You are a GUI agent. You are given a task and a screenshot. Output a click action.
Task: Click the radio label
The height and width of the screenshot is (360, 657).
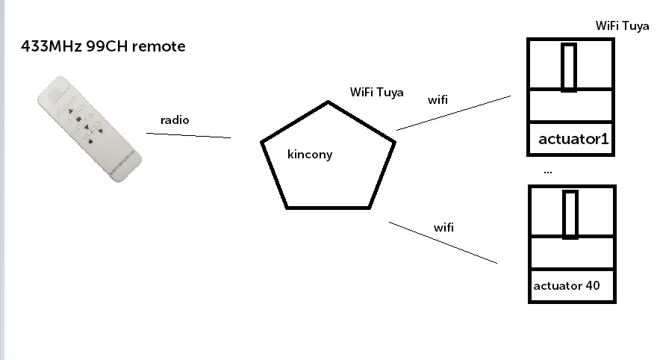click(175, 120)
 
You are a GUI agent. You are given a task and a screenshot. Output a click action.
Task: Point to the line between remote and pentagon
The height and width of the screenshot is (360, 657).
click(188, 135)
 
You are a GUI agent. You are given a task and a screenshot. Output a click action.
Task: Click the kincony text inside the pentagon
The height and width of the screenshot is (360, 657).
click(309, 155)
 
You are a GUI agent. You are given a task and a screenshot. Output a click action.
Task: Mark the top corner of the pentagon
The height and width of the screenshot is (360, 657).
click(327, 102)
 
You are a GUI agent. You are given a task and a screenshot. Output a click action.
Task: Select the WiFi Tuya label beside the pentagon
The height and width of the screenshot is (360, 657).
click(377, 93)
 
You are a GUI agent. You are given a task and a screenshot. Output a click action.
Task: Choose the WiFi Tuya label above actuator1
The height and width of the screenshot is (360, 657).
click(623, 25)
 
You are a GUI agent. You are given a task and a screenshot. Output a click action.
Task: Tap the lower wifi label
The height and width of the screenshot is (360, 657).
click(443, 226)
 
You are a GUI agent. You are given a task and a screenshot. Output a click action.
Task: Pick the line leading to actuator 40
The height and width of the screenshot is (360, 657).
click(442, 242)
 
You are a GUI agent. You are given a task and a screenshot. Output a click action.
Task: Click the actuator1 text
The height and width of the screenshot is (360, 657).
click(574, 139)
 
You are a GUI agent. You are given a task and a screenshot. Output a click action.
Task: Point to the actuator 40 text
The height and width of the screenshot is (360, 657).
click(567, 285)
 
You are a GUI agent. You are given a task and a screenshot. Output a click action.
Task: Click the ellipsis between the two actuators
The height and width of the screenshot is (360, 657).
click(548, 171)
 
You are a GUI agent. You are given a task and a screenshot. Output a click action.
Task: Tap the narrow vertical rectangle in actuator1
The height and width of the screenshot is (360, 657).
click(569, 67)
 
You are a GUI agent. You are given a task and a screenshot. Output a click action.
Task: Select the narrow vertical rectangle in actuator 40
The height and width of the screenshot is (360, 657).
click(570, 215)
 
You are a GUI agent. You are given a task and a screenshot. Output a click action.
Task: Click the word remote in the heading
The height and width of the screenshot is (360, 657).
click(161, 47)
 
